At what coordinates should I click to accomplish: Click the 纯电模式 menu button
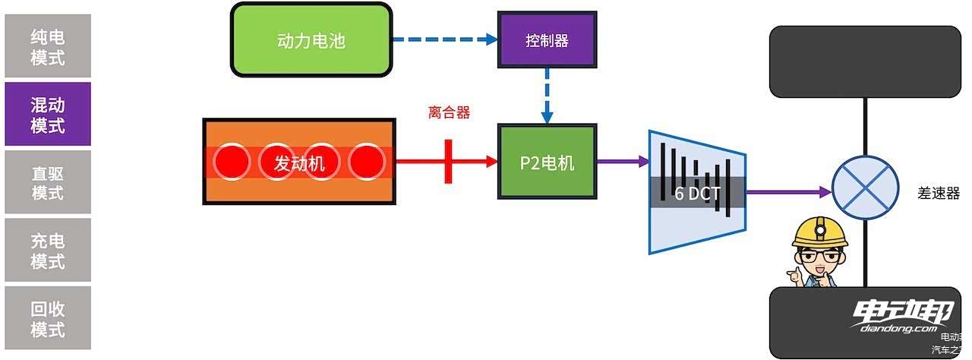point(48,47)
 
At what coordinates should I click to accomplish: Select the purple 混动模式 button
point(48,115)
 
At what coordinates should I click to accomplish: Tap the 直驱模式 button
point(48,182)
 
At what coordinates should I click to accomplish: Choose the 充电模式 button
point(48,251)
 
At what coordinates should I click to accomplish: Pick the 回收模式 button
point(48,318)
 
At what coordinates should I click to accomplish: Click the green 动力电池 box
point(311,40)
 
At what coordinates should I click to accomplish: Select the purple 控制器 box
point(547,40)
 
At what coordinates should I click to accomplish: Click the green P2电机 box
point(547,162)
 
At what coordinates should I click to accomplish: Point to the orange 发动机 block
point(299,162)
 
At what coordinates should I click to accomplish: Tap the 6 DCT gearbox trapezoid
point(697,191)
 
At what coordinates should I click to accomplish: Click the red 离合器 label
point(449,113)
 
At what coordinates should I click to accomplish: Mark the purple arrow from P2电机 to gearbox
point(620,161)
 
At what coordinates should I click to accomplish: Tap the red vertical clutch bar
point(448,161)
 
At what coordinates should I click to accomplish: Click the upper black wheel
point(865,62)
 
